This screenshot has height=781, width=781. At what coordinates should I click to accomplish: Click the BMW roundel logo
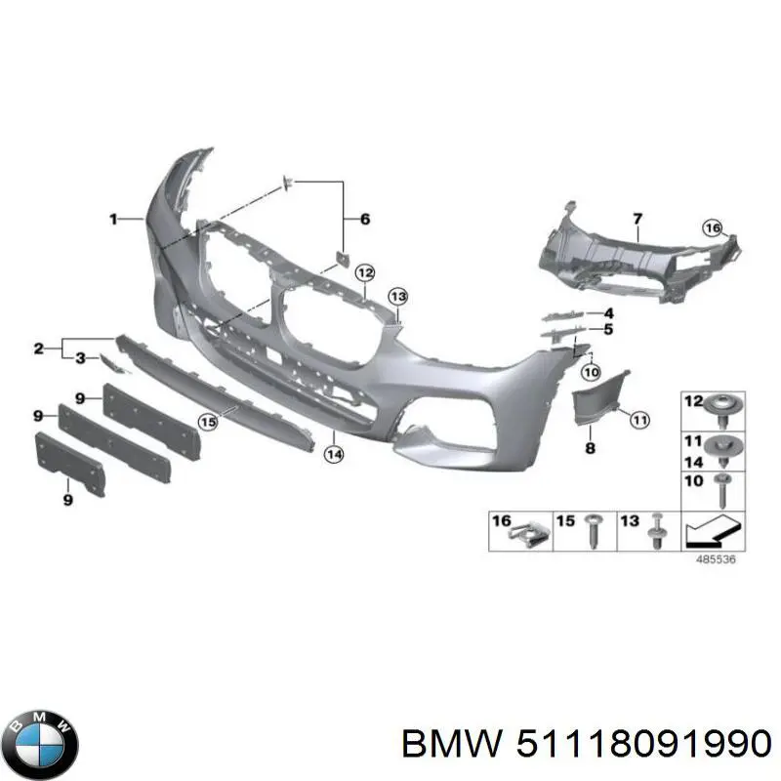(44, 745)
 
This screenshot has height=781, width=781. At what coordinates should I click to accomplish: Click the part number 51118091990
(644, 745)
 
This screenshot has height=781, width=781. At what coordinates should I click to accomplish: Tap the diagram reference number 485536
(716, 559)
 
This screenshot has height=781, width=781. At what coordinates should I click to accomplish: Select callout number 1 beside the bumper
(113, 219)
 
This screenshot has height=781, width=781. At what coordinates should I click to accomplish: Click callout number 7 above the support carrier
(637, 219)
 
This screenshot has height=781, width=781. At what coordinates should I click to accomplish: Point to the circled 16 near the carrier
(713, 228)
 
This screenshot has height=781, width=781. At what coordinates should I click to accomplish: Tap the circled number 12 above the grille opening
(365, 272)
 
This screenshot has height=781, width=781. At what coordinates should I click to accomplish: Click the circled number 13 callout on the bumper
(398, 297)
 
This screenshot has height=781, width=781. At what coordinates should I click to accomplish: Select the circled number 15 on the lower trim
(208, 423)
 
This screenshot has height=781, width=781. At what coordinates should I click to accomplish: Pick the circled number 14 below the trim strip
(334, 454)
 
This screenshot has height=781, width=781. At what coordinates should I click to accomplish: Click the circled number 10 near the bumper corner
(592, 372)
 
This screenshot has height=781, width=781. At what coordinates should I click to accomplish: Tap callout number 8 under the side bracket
(591, 448)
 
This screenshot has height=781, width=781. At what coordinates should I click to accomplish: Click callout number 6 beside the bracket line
(365, 219)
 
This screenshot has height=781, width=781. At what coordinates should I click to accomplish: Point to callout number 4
(608, 313)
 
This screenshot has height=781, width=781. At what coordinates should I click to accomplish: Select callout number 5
(608, 329)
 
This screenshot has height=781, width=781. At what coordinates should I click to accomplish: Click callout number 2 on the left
(39, 349)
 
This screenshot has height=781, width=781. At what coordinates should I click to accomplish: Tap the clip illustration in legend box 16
(530, 535)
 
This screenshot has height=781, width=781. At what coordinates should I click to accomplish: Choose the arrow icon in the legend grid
(714, 530)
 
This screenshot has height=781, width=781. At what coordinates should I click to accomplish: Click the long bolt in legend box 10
(722, 491)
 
